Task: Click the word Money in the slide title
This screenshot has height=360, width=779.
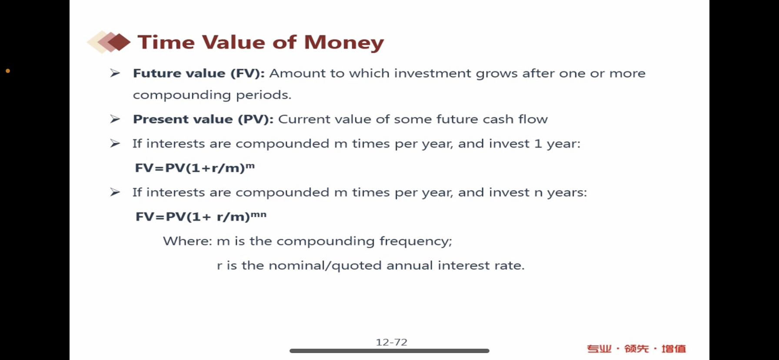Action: coord(344,43)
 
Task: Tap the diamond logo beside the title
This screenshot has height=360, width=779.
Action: coord(109,42)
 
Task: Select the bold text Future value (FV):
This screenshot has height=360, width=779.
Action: coord(199,73)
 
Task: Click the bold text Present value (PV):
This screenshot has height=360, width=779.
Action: coord(203,119)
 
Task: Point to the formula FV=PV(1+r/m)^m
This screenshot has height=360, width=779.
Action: coord(195,167)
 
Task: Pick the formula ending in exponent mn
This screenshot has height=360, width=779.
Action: coord(201,216)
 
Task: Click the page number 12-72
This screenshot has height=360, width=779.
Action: coord(392,342)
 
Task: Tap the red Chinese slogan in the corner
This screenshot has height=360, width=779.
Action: coord(636,349)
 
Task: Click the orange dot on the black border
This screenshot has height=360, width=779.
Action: coord(8,71)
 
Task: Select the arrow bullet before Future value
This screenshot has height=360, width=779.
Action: coord(115,73)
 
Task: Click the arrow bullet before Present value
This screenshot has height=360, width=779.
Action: coord(115,119)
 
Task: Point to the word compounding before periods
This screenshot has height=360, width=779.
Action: coord(182,95)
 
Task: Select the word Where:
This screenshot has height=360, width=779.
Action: coord(187,241)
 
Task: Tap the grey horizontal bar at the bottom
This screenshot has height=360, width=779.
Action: coord(389,351)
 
